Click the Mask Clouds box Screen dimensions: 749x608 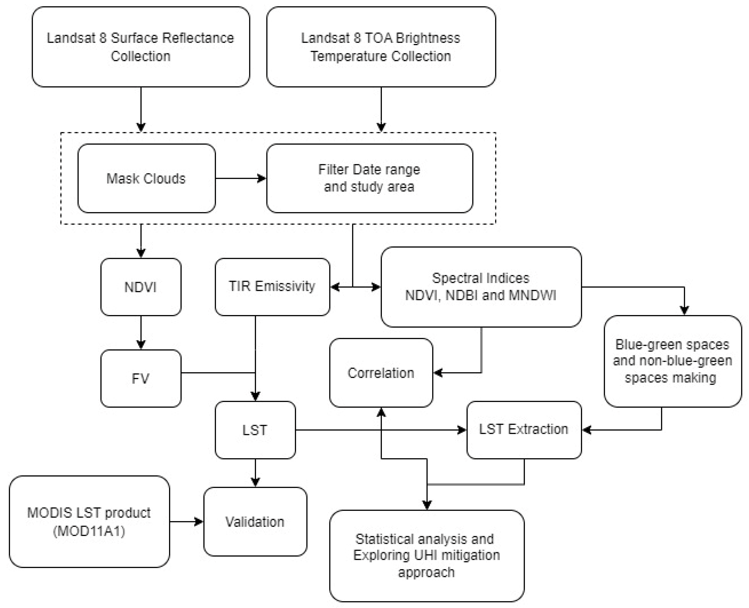tap(147, 178)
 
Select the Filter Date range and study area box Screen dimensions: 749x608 tap(370, 178)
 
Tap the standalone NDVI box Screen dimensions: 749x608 tap(141, 287)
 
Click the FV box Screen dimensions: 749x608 tap(141, 378)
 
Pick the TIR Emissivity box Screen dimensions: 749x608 tap(272, 287)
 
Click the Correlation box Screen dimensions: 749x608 tap(381, 373)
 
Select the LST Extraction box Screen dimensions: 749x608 tap(524, 430)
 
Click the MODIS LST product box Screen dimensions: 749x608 tap(89, 521)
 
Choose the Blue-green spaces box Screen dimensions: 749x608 tap(673, 361)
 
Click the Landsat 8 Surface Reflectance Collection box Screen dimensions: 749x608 tap(141, 47)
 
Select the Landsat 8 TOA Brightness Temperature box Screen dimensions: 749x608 tap(381, 47)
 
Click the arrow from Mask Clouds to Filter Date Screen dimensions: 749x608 tap(241, 178)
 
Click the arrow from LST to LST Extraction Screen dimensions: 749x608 tap(381, 430)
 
